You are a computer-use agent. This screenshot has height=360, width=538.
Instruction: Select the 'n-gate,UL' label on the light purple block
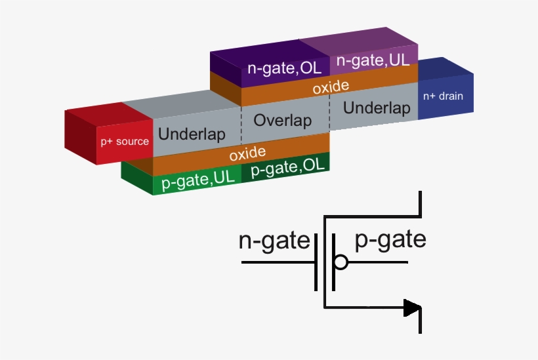coord(373,61)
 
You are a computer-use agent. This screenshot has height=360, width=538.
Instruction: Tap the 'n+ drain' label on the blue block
coord(442,96)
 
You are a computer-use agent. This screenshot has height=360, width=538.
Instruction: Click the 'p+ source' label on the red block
coord(125,141)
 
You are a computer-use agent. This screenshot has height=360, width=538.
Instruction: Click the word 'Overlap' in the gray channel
coord(282,121)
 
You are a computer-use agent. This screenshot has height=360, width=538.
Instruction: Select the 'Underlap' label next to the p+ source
coord(192,135)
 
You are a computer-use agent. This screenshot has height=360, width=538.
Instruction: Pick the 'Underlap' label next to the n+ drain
coord(377,108)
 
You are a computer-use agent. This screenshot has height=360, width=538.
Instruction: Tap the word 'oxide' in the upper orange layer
coord(330,87)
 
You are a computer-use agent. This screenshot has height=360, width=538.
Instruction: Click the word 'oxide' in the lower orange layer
coord(247,154)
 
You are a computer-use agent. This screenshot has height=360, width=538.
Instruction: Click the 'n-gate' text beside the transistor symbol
coord(274,241)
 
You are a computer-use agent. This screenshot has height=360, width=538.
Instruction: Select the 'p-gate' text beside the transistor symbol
coord(390,240)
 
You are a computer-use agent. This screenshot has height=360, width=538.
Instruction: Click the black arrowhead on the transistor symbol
coord(412,307)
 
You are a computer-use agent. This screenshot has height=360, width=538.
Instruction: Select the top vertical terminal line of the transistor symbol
coord(420,203)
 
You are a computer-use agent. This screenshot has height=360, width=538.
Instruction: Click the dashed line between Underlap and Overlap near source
coord(241,125)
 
